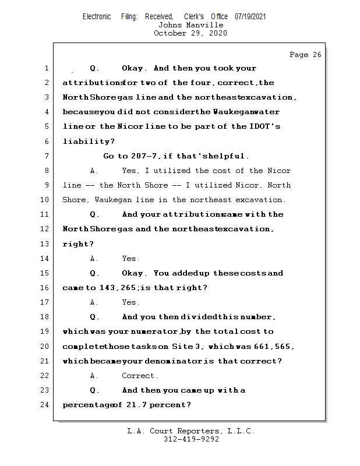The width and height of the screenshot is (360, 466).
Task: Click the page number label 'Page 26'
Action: click(305, 55)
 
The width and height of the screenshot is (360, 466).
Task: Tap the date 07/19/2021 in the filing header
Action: click(250, 17)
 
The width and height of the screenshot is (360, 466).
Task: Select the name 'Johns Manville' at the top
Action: click(190, 25)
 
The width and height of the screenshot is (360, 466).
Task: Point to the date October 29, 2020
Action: click(190, 33)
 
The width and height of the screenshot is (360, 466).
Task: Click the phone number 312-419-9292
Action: click(191, 439)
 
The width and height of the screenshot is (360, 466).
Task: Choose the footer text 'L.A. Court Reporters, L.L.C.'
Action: click(191, 431)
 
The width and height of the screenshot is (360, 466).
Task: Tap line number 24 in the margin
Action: click(44, 405)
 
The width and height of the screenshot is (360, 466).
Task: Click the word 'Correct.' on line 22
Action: click(140, 376)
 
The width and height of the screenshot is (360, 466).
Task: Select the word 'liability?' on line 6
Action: click(89, 142)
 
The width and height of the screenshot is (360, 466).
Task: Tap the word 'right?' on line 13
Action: click(78, 244)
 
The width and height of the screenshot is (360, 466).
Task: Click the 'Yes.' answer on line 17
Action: click(130, 302)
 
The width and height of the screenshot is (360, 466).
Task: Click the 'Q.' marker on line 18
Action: click(95, 317)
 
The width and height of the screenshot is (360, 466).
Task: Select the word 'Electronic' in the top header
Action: click(97, 17)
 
